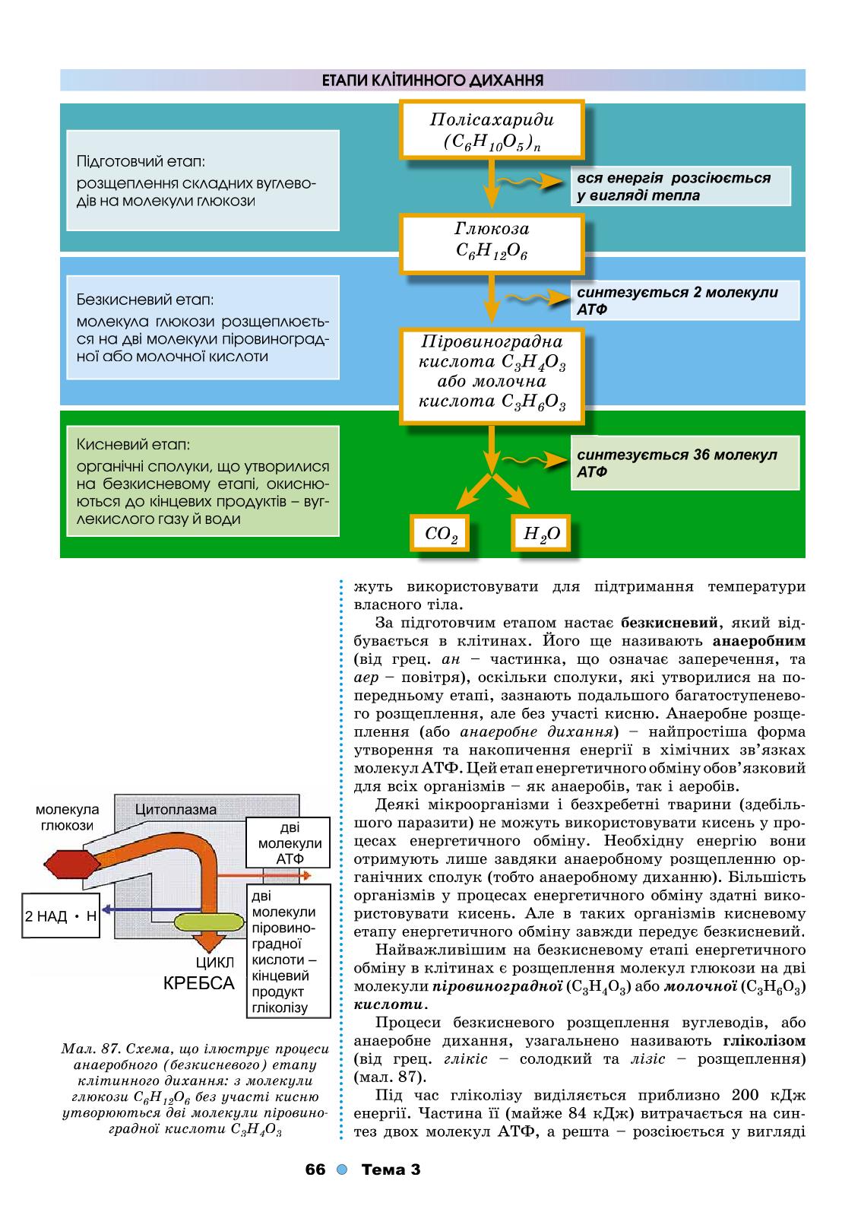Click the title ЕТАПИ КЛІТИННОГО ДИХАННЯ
pyautogui.click(x=432, y=81)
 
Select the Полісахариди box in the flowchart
pyautogui.click(x=492, y=129)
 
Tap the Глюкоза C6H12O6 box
pyautogui.click(x=492, y=244)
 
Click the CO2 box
pyautogui.click(x=440, y=533)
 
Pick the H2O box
pyautogui.click(x=541, y=533)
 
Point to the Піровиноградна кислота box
pyautogui.click(x=492, y=376)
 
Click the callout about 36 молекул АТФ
pyautogui.click(x=685, y=463)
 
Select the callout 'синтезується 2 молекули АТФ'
pyautogui.click(x=685, y=300)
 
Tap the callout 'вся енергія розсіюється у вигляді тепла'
pyautogui.click(x=680, y=186)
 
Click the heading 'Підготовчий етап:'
pyautogui.click(x=141, y=162)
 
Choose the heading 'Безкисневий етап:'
pyautogui.click(x=144, y=300)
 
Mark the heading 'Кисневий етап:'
pyautogui.click(x=133, y=444)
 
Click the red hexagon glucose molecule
pyautogui.click(x=71, y=865)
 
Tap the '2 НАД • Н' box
pyautogui.click(x=61, y=915)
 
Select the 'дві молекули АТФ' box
pyautogui.click(x=288, y=842)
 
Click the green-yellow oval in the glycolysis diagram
pyautogui.click(x=209, y=922)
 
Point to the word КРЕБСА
pyautogui.click(x=199, y=983)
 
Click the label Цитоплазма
pyautogui.click(x=176, y=809)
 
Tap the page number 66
pyautogui.click(x=315, y=1169)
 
